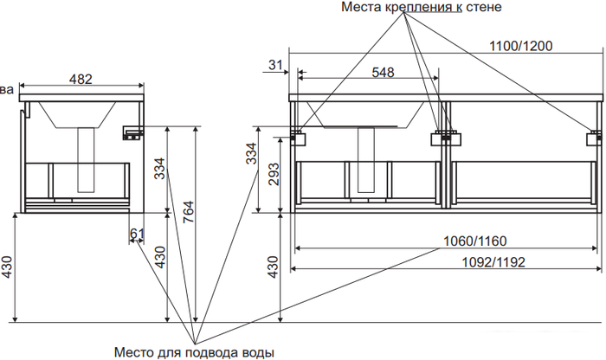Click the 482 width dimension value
coord(81,79)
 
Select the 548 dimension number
coord(383,72)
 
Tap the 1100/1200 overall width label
coord(521,46)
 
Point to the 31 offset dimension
coord(275,65)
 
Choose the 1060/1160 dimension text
coord(474,241)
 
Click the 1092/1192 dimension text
coord(493,262)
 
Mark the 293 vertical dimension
coord(274,174)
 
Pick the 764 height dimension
coord(188,212)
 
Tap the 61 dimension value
coord(137,234)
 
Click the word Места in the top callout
coord(361,7)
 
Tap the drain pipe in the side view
coord(86,159)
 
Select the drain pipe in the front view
coord(366,159)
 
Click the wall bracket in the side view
coord(133,133)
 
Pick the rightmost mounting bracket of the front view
coord(595,138)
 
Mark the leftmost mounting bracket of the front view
coord(299,138)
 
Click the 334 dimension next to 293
coord(252,153)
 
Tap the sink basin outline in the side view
coord(77,115)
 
